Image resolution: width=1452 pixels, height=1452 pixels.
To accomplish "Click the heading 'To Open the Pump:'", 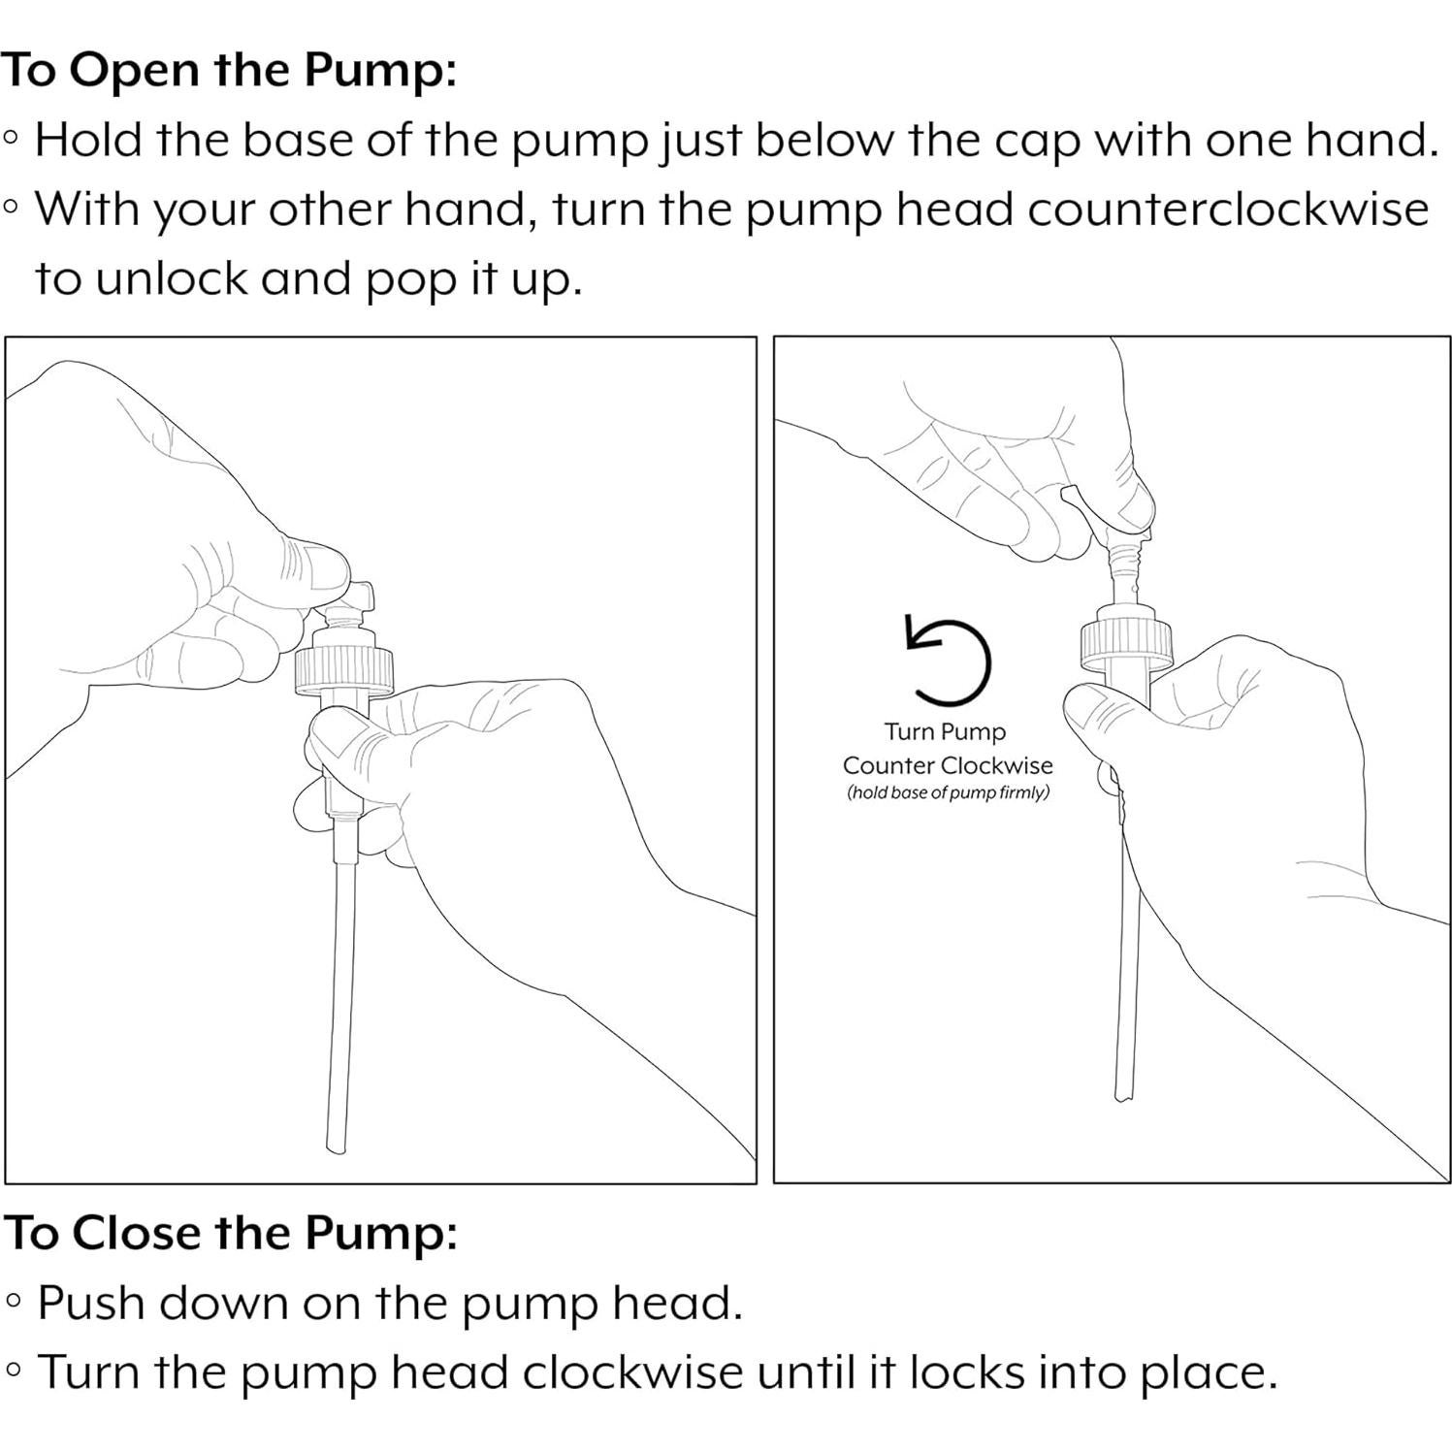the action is (x=229, y=71).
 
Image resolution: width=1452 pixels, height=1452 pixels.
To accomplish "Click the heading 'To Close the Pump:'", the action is (x=231, y=1234).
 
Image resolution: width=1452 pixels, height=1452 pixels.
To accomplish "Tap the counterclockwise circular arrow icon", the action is (x=948, y=660).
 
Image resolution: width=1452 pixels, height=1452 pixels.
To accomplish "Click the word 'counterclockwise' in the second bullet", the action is (x=1228, y=210).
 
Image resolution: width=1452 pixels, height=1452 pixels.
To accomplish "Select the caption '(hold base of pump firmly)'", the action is (x=948, y=792).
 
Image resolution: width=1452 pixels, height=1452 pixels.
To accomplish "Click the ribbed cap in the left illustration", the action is (x=345, y=671).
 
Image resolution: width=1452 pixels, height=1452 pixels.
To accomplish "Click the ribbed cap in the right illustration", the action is (x=1127, y=643).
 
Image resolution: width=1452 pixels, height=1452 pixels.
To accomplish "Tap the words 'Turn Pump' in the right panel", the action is (x=945, y=731).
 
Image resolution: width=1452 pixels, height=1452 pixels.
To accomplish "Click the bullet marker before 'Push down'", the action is (x=13, y=1302).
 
